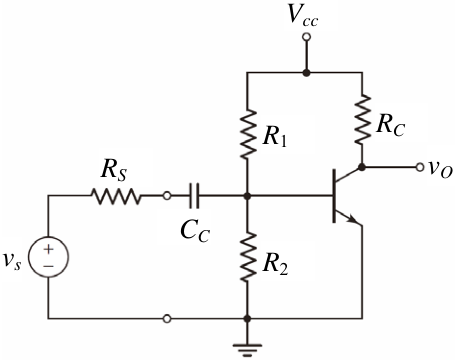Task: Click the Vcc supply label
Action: [x=303, y=16]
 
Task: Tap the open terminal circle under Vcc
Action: [x=306, y=37]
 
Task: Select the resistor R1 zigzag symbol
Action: [x=248, y=134]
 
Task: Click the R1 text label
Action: [x=274, y=137]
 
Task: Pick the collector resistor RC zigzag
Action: [x=362, y=119]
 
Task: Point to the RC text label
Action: [x=391, y=126]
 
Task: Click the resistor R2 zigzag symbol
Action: [x=248, y=257]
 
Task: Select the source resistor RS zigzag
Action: [x=116, y=196]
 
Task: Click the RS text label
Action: [x=114, y=171]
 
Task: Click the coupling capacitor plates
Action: [x=194, y=196]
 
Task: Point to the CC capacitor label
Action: [x=195, y=231]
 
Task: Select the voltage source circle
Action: [x=48, y=257]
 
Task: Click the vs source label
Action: [x=12, y=260]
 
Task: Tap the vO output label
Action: [x=440, y=169]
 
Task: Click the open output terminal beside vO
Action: [x=420, y=167]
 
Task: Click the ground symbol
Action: [x=247, y=350]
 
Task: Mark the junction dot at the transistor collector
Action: [x=362, y=167]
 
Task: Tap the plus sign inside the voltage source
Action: [x=48, y=249]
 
